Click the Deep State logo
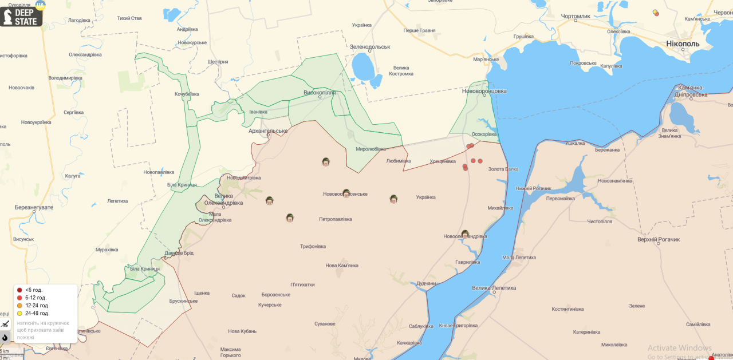[x=21, y=14]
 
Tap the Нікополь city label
[x=682, y=43]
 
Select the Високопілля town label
[x=319, y=92]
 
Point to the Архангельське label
[x=268, y=131]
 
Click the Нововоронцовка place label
[x=484, y=91]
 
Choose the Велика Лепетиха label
[x=494, y=288]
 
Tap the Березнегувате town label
[x=34, y=207]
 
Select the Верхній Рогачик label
[x=659, y=239]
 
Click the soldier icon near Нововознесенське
[x=346, y=193]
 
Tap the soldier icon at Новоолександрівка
[x=465, y=234]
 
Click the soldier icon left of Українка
[x=393, y=199]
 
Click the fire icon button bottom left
[x=5, y=337]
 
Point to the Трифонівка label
[x=313, y=247]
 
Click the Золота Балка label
[x=503, y=169]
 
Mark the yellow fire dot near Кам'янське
[x=655, y=11]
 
